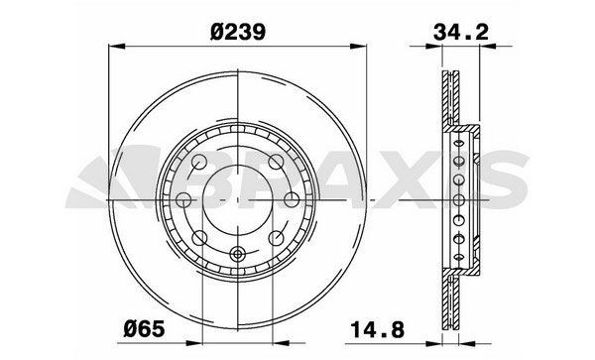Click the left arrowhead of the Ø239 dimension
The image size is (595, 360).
[x=111, y=45]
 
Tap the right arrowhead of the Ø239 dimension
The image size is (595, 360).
[x=365, y=45]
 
